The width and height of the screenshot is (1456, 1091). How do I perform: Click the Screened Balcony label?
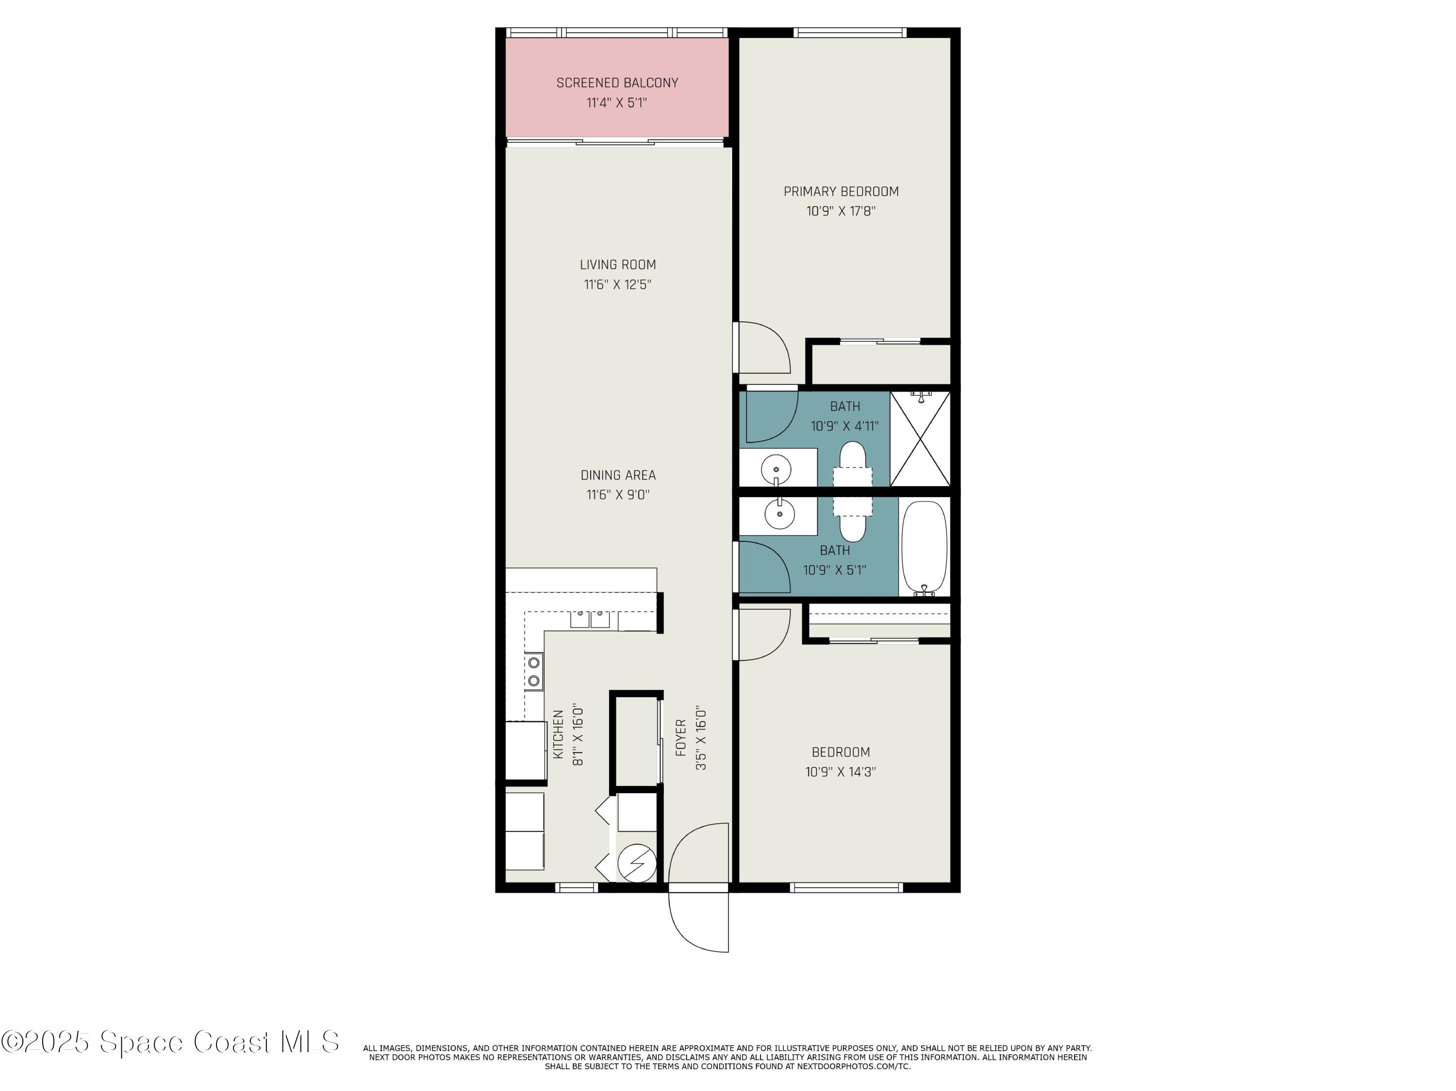(x=617, y=83)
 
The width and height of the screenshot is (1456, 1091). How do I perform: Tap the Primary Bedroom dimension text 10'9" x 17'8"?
(x=841, y=211)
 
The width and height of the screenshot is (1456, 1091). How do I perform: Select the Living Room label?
(x=617, y=264)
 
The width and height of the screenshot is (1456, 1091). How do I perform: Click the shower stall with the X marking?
(x=920, y=439)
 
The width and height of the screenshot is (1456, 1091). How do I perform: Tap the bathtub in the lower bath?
(x=924, y=548)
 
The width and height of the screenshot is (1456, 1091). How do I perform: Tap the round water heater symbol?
(x=636, y=862)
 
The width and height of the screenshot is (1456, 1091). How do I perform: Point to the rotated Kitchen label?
(x=558, y=733)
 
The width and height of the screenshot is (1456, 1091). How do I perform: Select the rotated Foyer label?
(x=681, y=737)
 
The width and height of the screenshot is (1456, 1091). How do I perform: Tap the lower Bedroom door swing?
(x=763, y=633)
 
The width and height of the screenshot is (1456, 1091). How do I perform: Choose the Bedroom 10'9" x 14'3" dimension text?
(x=840, y=772)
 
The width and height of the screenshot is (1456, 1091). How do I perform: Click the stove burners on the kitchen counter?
(x=534, y=671)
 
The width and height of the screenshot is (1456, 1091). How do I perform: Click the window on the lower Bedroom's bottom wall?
(x=846, y=888)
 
